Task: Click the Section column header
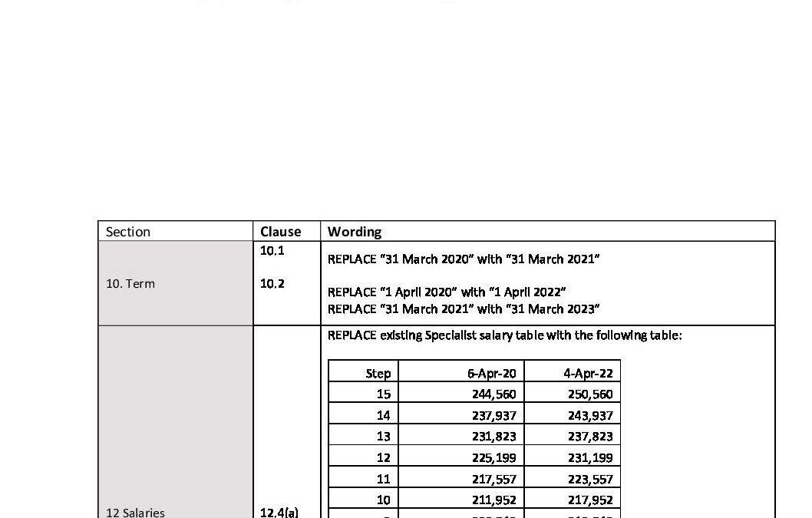[128, 232]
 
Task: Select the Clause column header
[280, 232]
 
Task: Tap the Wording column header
[355, 232]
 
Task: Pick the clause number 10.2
[272, 283]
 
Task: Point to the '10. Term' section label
[130, 283]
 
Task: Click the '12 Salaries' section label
[135, 512]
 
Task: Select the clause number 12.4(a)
[280, 512]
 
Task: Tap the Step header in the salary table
[378, 374]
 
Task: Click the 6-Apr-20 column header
[492, 374]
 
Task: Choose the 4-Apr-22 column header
[588, 374]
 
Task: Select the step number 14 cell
[383, 415]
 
